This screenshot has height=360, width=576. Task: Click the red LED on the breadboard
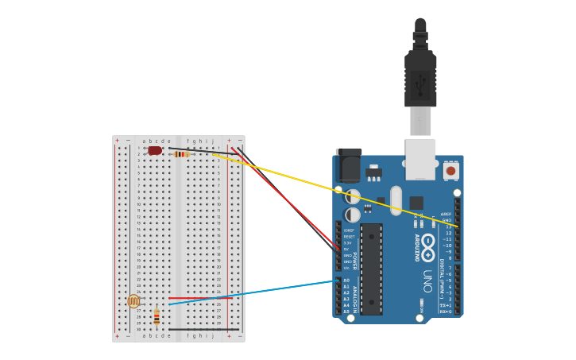pos(154,150)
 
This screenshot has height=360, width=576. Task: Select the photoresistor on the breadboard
pos(133,301)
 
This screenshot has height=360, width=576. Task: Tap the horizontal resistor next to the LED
pos(181,154)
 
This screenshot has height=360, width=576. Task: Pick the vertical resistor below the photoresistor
pos(157,317)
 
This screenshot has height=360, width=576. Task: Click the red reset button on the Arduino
pos(450,170)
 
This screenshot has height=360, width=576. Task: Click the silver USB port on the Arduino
pos(420,159)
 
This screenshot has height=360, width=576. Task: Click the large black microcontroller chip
pos(371,269)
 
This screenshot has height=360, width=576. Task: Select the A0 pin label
pos(346,281)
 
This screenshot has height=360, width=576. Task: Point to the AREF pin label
pos(446,214)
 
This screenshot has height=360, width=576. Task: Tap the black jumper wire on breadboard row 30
pos(203,329)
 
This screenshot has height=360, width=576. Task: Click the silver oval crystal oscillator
pos(396,200)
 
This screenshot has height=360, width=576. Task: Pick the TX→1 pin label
pos(446,305)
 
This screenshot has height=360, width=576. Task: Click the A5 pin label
pos(346,312)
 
